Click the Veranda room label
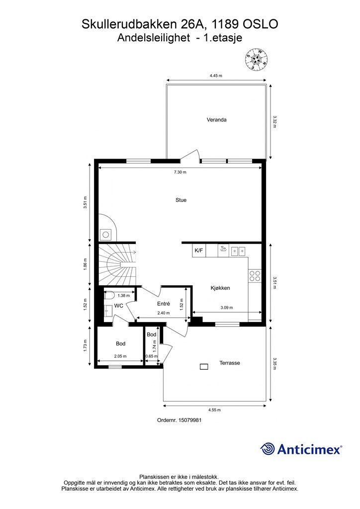pos(216,120)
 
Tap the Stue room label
pos(181,200)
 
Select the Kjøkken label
pos(220,288)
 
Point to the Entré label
pos(163,304)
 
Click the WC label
pos(118,306)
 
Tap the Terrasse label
pos(230,363)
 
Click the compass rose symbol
pos(257,60)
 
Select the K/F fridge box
pos(199,251)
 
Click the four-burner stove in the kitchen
pos(255,276)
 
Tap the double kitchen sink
pos(238,251)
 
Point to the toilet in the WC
pos(109,295)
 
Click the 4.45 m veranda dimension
pos(216,76)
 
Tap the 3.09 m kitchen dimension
pos(227,308)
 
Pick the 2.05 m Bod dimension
pos(120,356)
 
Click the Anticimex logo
pos(301,449)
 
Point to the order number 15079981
pos(179,420)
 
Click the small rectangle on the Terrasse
pos(204,367)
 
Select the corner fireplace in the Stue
pos(106,229)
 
